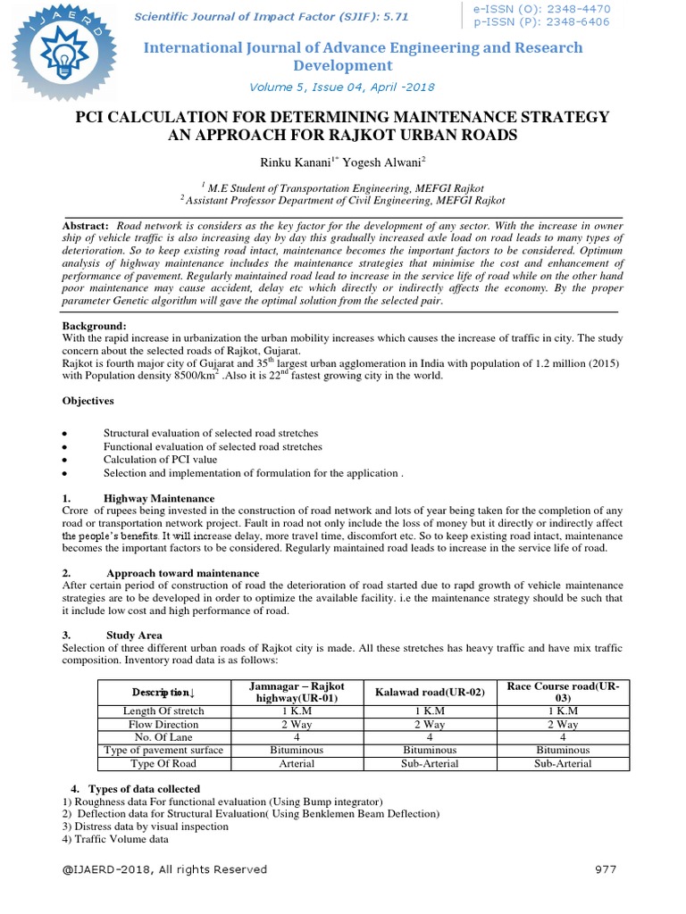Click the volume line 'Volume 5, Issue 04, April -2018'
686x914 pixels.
(343, 87)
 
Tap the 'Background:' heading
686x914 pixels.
(94, 326)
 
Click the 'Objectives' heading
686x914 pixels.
(88, 401)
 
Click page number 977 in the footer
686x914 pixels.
(605, 868)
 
